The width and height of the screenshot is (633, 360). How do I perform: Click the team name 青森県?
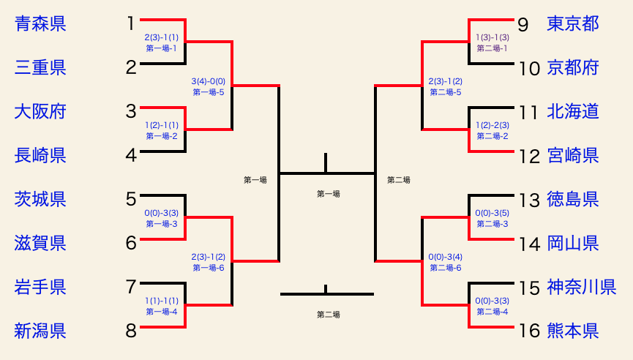(x=40, y=23)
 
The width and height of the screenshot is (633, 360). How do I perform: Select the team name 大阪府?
(x=40, y=111)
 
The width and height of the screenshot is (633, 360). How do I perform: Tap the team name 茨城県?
(x=40, y=199)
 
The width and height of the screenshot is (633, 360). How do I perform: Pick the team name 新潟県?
(x=40, y=331)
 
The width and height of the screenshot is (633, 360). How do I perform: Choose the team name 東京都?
(x=573, y=23)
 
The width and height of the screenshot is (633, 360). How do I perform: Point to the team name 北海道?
(x=573, y=111)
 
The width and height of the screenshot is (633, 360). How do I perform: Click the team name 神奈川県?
(x=582, y=287)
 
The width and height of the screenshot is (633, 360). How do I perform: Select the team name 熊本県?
(x=573, y=331)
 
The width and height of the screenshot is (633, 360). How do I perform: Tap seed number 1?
(x=131, y=23)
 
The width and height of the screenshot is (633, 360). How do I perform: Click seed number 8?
(x=131, y=331)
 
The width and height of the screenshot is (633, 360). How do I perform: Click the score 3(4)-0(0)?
(x=209, y=81)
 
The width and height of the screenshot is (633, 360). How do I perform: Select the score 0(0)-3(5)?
(x=492, y=213)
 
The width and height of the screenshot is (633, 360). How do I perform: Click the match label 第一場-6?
(x=209, y=268)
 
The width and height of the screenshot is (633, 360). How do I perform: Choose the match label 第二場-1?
(x=492, y=48)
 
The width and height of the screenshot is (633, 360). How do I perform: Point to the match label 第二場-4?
(x=492, y=312)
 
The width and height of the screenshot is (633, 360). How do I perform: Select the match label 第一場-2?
(x=162, y=136)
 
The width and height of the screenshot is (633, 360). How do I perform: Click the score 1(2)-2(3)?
(x=492, y=125)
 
